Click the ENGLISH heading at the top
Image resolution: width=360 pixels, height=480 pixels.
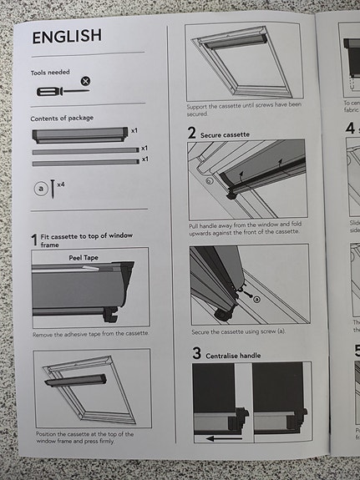(67, 37)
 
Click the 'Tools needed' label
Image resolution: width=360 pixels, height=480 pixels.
(50, 73)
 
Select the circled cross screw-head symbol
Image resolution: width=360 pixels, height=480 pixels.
(85, 81)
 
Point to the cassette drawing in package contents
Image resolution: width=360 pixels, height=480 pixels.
(79, 134)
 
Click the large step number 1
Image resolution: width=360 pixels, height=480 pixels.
(34, 240)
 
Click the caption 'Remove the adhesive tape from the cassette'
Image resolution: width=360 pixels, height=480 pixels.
(90, 333)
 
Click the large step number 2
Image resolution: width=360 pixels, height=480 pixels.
(192, 133)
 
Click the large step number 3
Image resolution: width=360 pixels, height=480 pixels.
(196, 354)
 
